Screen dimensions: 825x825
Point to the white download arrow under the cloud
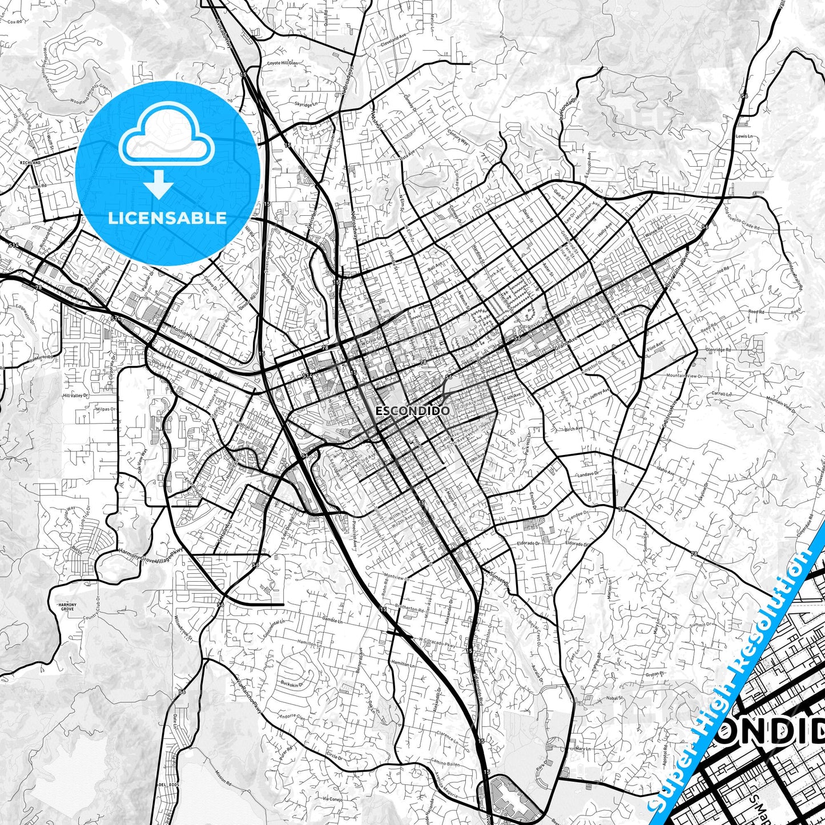(x=159, y=184)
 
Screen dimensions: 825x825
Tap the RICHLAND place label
(x=30, y=163)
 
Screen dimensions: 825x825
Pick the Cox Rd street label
(x=15, y=23)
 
